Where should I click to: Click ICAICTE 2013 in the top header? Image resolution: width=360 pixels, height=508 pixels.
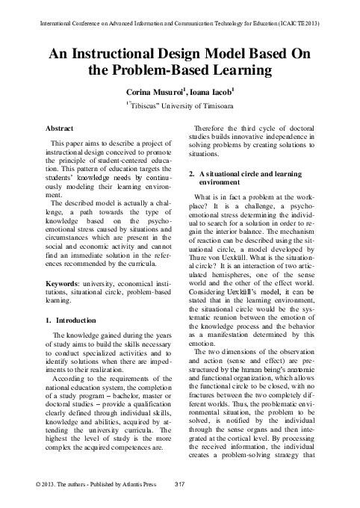pyautogui.click(x=302, y=25)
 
